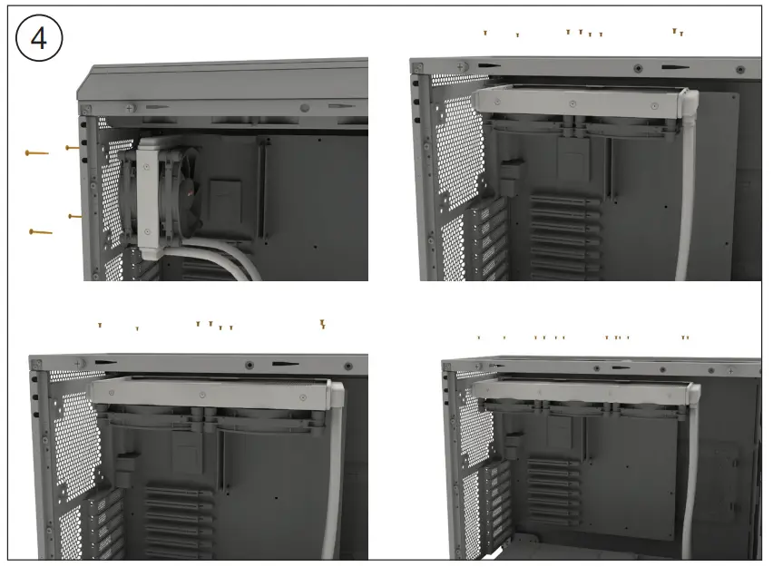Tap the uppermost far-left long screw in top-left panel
(x=36, y=153)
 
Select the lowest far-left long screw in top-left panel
(x=41, y=232)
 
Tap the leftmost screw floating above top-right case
(x=485, y=33)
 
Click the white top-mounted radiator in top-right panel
(x=581, y=103)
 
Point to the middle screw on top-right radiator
(x=573, y=105)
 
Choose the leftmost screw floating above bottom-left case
(x=100, y=325)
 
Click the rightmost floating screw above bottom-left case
(x=322, y=323)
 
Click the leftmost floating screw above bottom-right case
(x=479, y=337)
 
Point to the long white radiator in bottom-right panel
(x=581, y=388)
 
